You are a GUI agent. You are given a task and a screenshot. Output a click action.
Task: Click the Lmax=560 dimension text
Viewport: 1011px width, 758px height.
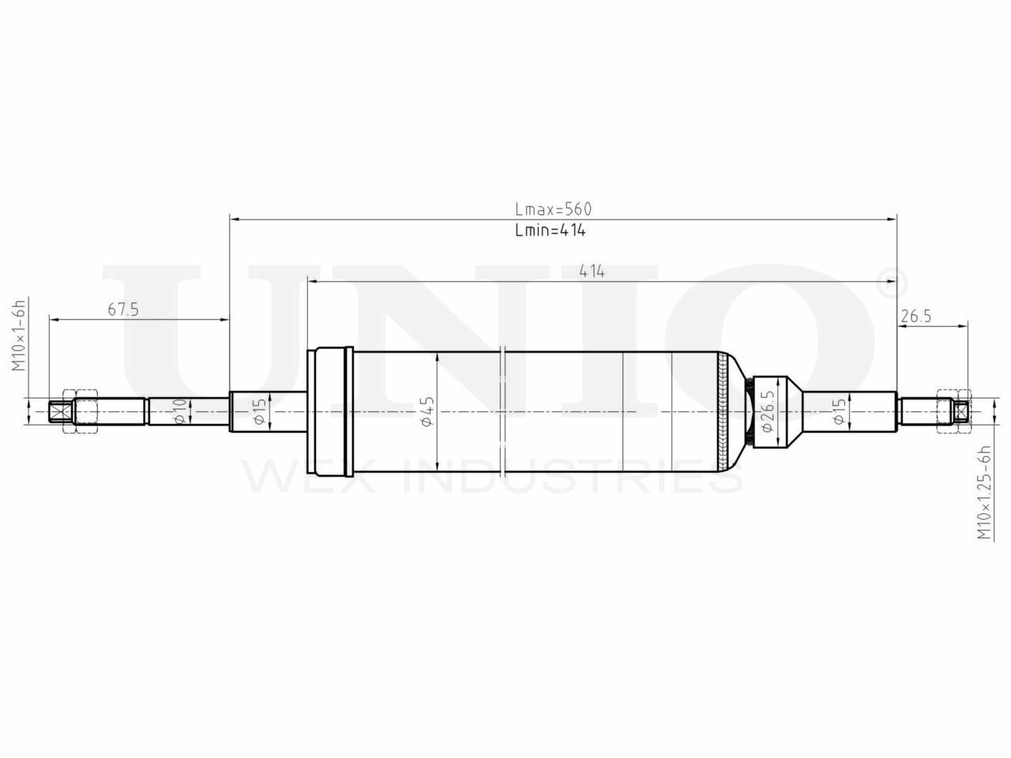(552, 209)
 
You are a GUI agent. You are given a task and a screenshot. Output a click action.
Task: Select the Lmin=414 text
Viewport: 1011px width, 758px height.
(550, 231)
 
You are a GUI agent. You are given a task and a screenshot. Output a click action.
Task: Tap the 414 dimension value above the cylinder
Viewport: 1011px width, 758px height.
(592, 271)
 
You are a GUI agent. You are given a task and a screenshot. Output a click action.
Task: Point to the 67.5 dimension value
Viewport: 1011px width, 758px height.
(122, 310)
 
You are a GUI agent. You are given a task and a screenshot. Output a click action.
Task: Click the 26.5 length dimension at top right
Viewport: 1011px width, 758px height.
(916, 316)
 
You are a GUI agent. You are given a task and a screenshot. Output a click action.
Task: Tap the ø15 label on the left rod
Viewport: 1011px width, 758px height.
(260, 412)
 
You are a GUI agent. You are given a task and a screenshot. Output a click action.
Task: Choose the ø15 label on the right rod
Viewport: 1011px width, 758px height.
(840, 412)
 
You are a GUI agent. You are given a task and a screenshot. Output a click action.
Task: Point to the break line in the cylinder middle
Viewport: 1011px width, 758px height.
(503, 411)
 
